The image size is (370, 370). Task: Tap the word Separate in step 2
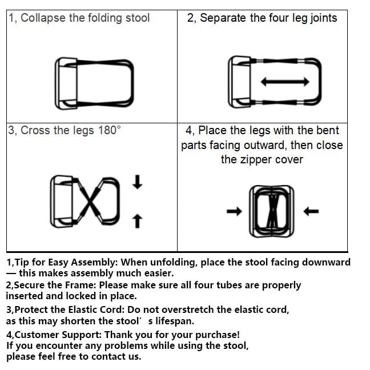(x=223, y=18)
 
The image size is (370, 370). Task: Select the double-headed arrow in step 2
(x=285, y=82)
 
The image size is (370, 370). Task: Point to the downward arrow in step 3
(x=138, y=182)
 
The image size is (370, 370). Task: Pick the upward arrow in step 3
(x=138, y=221)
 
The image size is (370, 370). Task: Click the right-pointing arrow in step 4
(x=234, y=211)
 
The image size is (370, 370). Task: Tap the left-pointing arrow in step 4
(x=311, y=211)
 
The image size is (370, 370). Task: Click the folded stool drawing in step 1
(x=94, y=83)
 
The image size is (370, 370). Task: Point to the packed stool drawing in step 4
(x=272, y=211)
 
